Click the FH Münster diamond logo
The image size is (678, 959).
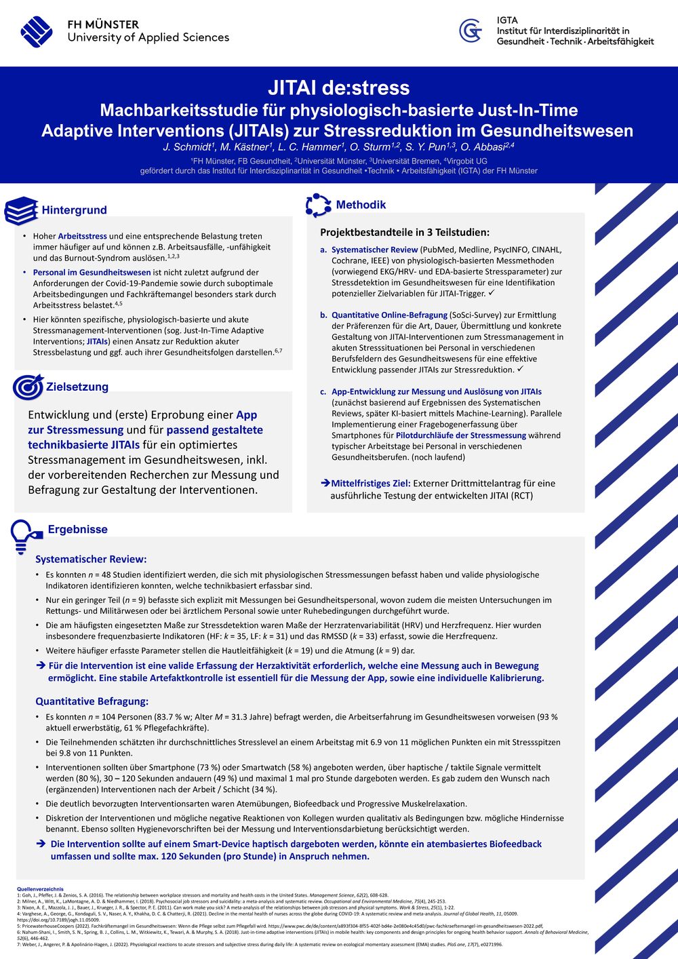point(37,31)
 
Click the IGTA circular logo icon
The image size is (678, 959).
point(471,31)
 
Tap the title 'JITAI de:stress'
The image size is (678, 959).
point(338,87)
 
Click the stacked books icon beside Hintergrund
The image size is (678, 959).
point(21,210)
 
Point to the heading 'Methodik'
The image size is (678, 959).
point(361,205)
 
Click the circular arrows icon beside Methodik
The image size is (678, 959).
point(317,205)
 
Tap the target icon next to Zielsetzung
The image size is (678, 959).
point(28,387)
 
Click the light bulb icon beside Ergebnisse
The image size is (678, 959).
point(22,534)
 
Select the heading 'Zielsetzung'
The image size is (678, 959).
point(77,387)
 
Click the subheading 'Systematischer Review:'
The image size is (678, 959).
point(91,560)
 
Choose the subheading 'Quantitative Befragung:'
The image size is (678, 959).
point(92,701)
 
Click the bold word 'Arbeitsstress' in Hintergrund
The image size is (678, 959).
point(82,236)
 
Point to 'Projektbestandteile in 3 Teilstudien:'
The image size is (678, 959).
point(405,233)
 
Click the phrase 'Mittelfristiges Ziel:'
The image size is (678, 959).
point(370,484)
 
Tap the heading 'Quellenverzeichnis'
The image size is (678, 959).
point(40,889)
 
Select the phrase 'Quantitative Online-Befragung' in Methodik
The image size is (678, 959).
point(389,315)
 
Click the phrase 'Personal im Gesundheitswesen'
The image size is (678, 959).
point(92,273)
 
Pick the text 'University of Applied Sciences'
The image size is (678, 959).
point(148,38)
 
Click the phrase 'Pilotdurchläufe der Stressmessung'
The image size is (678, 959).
point(460,435)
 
